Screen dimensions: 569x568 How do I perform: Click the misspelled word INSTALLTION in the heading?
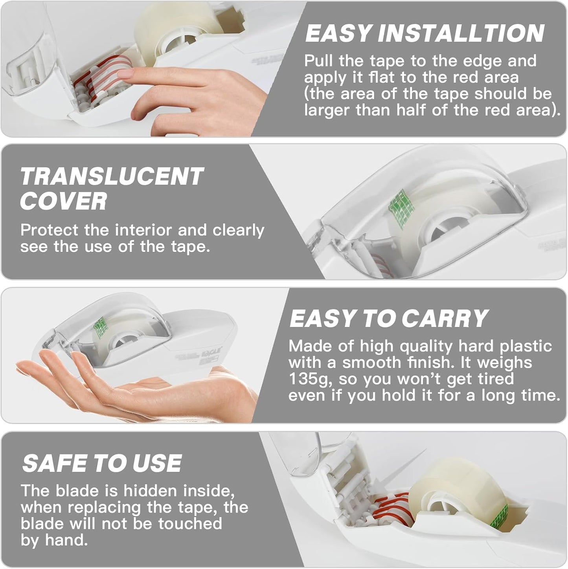click(461, 33)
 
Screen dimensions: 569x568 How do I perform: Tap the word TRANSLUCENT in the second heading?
click(112, 176)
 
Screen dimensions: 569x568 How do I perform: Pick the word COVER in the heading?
click(63, 201)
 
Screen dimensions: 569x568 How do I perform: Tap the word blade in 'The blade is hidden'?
click(77, 491)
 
